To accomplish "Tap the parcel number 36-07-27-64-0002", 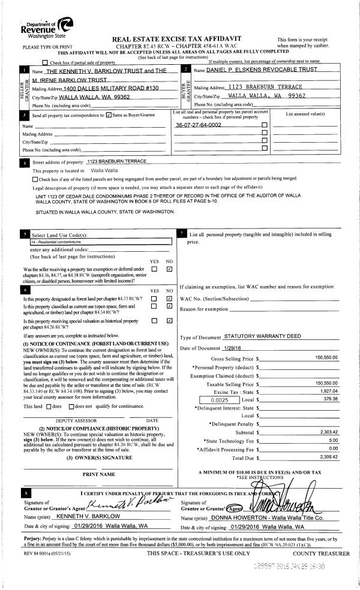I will pos(198,125).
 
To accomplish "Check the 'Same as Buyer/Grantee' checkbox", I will pos(108,115).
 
